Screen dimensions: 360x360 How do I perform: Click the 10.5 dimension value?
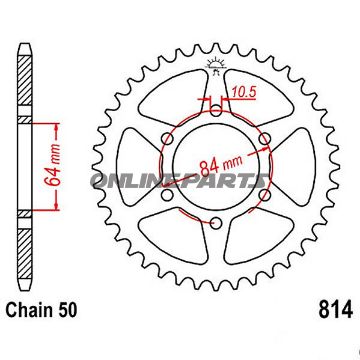click(x=243, y=95)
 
